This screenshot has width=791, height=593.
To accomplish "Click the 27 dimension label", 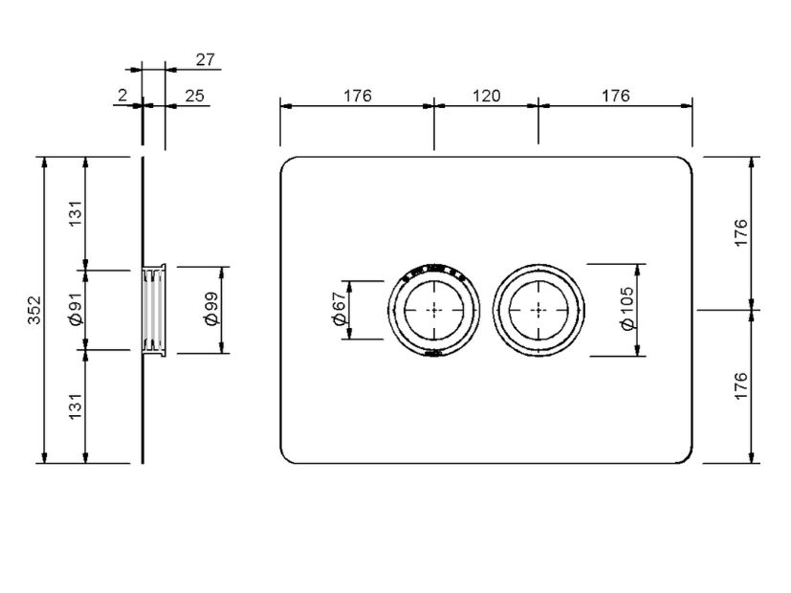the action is pyautogui.click(x=205, y=59).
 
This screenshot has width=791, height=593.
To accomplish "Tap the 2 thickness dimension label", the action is pyautogui.click(x=122, y=95).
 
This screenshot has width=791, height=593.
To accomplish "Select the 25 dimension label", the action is pyautogui.click(x=194, y=96).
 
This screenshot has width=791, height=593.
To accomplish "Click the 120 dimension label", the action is pyautogui.click(x=486, y=96).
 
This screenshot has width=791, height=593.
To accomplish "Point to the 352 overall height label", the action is pyautogui.click(x=34, y=310).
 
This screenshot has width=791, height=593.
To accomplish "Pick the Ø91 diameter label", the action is pyautogui.click(x=76, y=309).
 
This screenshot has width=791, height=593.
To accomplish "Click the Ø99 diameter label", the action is pyautogui.click(x=212, y=309).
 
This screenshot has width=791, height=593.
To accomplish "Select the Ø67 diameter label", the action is pyautogui.click(x=340, y=309).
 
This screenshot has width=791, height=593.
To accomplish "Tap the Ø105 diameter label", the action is pyautogui.click(x=627, y=309).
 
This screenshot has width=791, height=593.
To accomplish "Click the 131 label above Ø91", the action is pyautogui.click(x=76, y=213).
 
